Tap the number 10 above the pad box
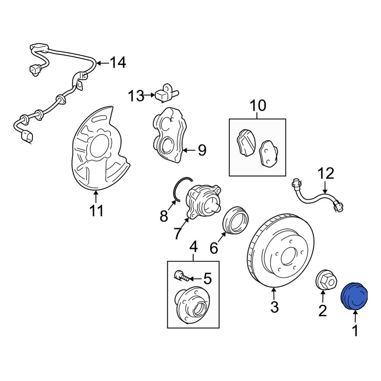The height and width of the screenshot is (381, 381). [258, 105]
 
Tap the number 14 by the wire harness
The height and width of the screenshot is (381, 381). [118, 62]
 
